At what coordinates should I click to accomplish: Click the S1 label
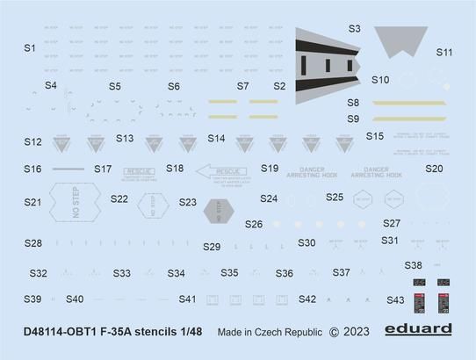tap(30, 47)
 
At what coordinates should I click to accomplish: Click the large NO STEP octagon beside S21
tap(76, 201)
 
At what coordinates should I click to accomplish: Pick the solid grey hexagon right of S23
tap(221, 211)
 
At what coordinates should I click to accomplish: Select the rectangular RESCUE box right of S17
tap(140, 171)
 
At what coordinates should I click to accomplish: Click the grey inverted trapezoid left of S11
tap(400, 41)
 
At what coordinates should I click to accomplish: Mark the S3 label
tap(354, 28)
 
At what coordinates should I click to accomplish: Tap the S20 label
tap(434, 169)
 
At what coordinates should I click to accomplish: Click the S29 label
tap(212, 247)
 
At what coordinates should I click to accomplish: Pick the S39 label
tap(32, 299)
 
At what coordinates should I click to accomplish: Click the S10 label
tap(379, 80)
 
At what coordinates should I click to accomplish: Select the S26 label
tap(254, 224)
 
